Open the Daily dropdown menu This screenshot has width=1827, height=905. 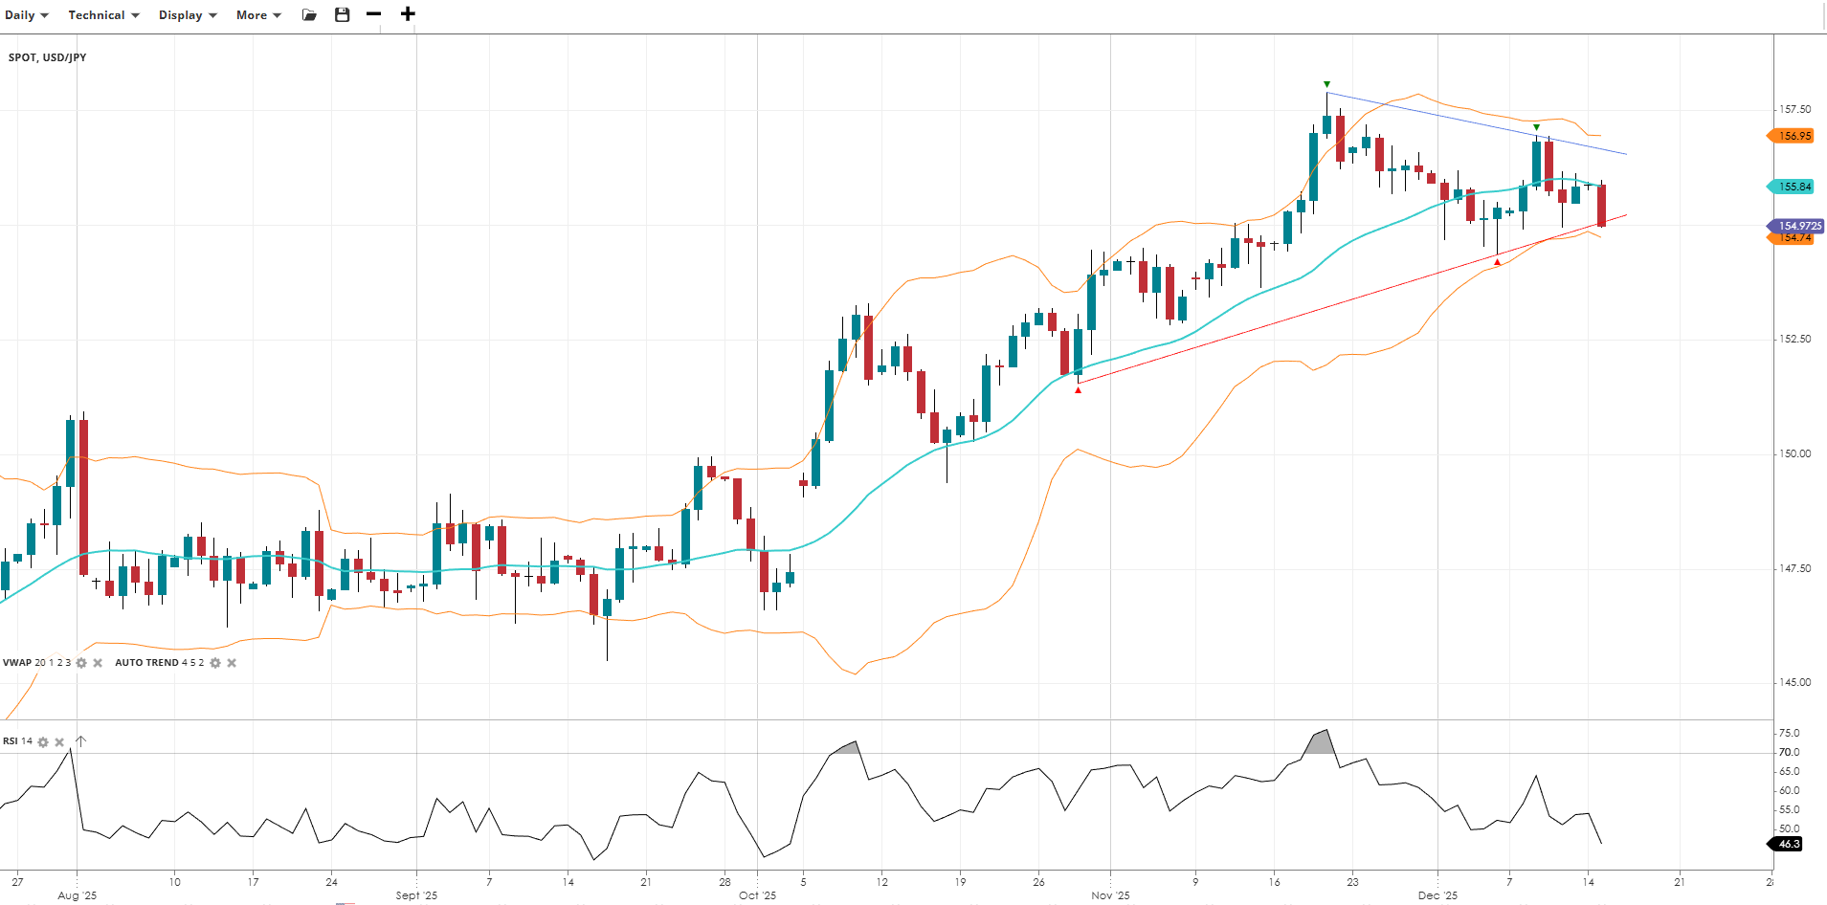[27, 15]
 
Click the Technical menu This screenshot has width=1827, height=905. [103, 15]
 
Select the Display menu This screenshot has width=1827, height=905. [188, 15]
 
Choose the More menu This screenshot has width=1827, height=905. [258, 15]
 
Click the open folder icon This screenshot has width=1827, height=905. [309, 15]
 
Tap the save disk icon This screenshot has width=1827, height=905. [343, 15]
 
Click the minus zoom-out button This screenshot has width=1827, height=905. [374, 14]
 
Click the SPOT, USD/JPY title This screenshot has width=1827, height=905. [48, 57]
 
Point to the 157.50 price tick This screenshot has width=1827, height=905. [1794, 110]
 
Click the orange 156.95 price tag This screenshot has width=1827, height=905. [1793, 136]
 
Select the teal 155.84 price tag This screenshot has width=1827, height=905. [1793, 187]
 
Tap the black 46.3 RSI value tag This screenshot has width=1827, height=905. [1788, 844]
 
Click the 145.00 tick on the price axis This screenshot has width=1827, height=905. [1794, 682]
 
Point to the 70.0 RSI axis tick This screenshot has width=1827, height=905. [1789, 752]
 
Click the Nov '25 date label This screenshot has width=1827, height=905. [1110, 895]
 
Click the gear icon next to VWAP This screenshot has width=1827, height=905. [81, 663]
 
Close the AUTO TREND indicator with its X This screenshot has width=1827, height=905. [232, 663]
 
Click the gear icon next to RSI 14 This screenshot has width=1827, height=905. [43, 742]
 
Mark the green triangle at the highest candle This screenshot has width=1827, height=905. [1326, 84]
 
